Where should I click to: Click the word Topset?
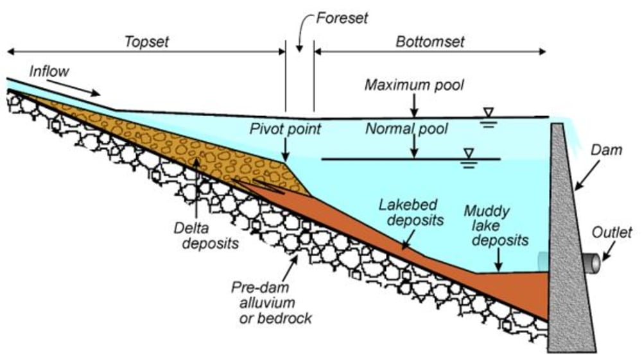pyautogui.click(x=146, y=42)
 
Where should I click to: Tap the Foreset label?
pyautogui.click(x=342, y=19)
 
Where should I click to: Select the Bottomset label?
pyautogui.click(x=430, y=42)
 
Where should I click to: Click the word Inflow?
pyautogui.click(x=49, y=72)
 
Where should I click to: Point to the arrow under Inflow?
pyautogui.click(x=73, y=87)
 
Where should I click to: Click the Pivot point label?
pyautogui.click(x=286, y=129)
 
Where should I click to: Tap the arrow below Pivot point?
pyautogui.click(x=286, y=150)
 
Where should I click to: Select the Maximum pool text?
pyautogui.click(x=414, y=85)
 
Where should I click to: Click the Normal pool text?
pyautogui.click(x=406, y=129)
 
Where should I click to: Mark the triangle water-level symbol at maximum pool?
pyautogui.click(x=488, y=112)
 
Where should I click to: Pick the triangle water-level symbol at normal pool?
pyautogui.click(x=469, y=153)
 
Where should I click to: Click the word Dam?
pyautogui.click(x=607, y=150)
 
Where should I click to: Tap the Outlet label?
pyautogui.click(x=612, y=233)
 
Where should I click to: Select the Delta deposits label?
pyautogui.click(x=206, y=236)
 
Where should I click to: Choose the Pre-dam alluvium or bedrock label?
pyautogui.click(x=272, y=303)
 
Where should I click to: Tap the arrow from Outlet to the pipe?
pyautogui.click(x=609, y=251)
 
